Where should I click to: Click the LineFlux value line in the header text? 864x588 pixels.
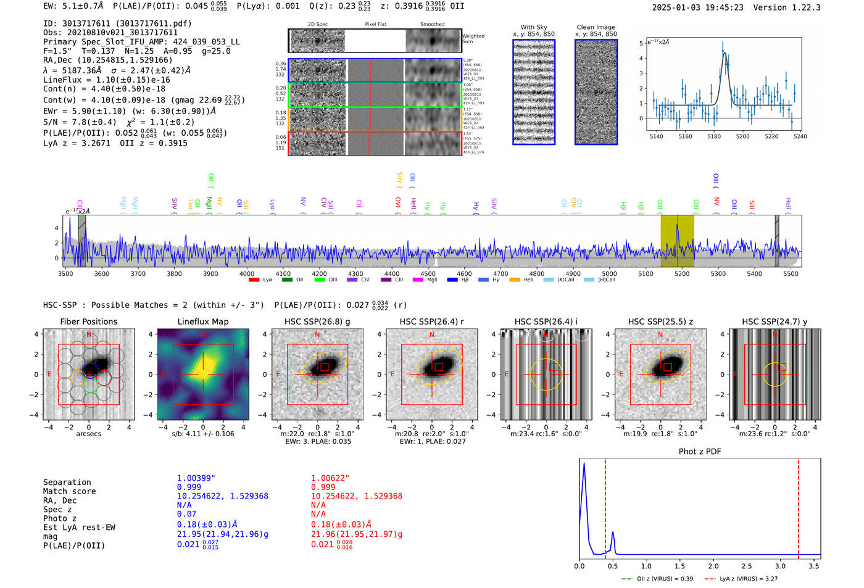pos(106,80)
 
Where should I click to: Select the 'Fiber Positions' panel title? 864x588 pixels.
pos(88,321)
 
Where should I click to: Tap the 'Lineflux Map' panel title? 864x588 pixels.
pos(202,321)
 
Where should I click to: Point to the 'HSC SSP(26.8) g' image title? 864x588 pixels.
pos(317,321)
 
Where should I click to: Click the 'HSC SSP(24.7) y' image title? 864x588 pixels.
pos(775,321)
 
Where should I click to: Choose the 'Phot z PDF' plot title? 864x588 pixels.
pos(700,452)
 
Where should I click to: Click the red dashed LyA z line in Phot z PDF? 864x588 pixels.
pos(799,506)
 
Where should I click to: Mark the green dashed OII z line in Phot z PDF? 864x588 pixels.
pos(605,506)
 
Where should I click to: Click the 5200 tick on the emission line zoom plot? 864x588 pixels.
pos(742,136)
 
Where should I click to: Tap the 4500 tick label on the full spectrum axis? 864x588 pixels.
pos(428,274)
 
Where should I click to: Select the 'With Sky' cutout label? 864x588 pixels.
pos(534,27)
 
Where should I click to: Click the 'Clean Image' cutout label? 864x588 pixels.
pos(596,27)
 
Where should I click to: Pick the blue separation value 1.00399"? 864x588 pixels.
pos(196,478)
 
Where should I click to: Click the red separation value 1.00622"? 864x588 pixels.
pos(330,478)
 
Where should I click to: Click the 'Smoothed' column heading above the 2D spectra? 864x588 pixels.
pos(432,25)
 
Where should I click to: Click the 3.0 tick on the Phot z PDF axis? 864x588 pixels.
pos(780,566)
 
